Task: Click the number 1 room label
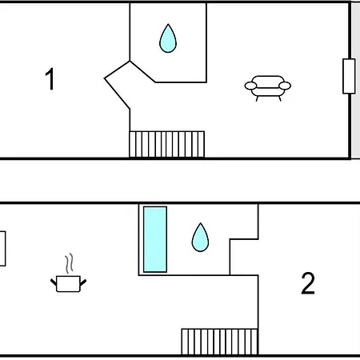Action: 50,79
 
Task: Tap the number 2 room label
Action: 308,283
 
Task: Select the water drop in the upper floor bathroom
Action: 168,38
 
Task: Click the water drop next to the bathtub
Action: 200,238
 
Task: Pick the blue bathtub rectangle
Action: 155,239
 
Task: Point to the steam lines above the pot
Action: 69,263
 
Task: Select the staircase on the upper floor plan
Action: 167,144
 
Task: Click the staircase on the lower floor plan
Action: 220,342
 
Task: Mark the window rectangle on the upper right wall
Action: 349,76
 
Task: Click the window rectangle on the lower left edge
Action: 2,249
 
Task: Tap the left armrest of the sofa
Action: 250,86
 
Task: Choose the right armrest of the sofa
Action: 285,86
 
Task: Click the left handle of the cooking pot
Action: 54,282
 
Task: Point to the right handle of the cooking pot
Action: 83,282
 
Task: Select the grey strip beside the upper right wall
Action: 356,80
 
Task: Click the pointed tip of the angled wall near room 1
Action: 105,78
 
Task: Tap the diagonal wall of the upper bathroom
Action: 142,72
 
